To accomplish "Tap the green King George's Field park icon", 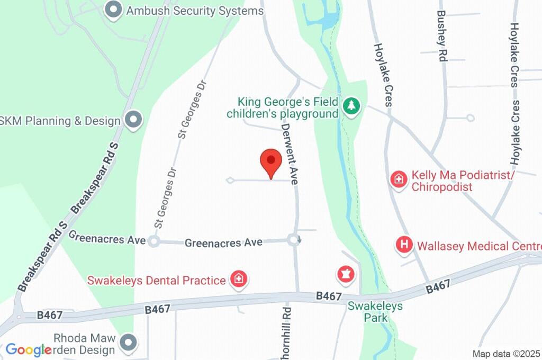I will pyautogui.click(x=350, y=106).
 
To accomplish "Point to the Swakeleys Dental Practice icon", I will pyautogui.click(x=239, y=279).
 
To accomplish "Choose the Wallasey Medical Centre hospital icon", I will pyautogui.click(x=404, y=245).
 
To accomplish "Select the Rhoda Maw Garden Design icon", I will pyautogui.click(x=128, y=343).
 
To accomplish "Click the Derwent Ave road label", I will pyautogui.click(x=290, y=154).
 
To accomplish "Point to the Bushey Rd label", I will pyautogui.click(x=442, y=36).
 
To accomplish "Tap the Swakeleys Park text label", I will pyautogui.click(x=375, y=312).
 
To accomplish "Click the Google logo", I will pyautogui.click(x=29, y=349).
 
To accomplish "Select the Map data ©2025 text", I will pyautogui.click(x=507, y=353).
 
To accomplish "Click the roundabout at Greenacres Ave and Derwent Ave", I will pyautogui.click(x=295, y=240).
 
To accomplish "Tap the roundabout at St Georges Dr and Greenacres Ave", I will pyautogui.click(x=153, y=241).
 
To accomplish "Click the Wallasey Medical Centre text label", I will pyautogui.click(x=478, y=246).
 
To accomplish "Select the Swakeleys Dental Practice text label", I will pyautogui.click(x=157, y=280).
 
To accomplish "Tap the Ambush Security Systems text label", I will pyautogui.click(x=194, y=10).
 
